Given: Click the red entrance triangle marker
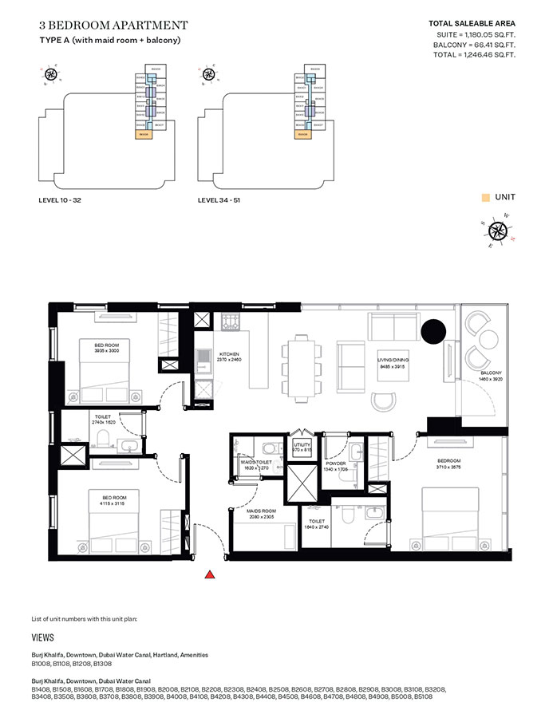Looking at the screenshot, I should pos(210,574).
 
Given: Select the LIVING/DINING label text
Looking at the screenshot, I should pos(393,361).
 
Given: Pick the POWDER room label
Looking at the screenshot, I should pos(335,463).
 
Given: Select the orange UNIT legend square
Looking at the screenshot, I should pos(484,197).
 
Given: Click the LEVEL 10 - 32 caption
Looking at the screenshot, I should pos(61,200).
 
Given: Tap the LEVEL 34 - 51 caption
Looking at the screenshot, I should pos(219,200).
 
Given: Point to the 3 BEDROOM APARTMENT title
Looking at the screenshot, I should pos(113,26).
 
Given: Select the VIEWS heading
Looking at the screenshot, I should pos(43,639).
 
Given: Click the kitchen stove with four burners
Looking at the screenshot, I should pos(231,322).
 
